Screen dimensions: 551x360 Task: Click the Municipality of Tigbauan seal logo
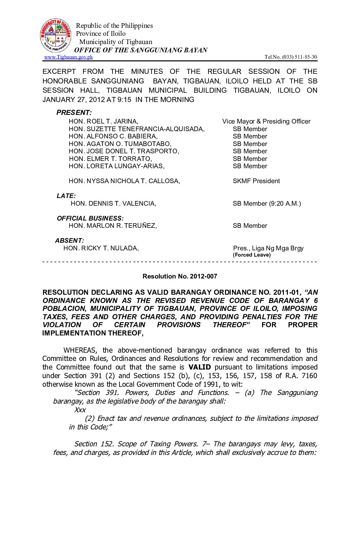click(56, 35)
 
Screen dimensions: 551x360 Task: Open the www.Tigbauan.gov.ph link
click(68, 57)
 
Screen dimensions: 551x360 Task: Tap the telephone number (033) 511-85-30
click(299, 57)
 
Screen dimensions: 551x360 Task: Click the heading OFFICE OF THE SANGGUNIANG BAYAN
click(141, 50)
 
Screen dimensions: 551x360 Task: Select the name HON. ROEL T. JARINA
click(104, 122)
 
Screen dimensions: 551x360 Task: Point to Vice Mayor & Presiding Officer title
click(266, 122)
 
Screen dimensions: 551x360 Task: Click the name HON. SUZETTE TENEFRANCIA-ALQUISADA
click(137, 129)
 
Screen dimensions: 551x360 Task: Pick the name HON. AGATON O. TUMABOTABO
click(120, 144)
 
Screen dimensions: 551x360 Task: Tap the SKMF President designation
click(256, 181)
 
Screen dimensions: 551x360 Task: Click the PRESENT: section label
click(74, 113)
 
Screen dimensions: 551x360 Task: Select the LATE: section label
click(66, 196)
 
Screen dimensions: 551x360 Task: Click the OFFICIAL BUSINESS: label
click(90, 218)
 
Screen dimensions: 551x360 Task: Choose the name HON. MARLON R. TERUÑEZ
click(113, 225)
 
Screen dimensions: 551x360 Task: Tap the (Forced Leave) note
click(251, 255)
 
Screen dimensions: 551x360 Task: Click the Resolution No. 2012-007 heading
click(180, 276)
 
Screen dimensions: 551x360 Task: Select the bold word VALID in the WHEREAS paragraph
click(199, 367)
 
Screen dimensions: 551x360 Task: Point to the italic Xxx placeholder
click(80, 410)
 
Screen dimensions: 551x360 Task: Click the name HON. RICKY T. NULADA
click(101, 248)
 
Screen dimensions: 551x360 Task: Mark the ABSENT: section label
click(69, 240)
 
